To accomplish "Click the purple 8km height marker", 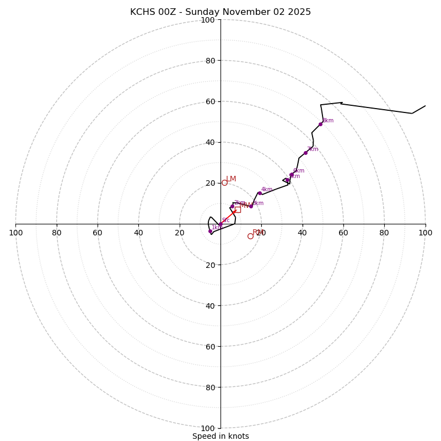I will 320,124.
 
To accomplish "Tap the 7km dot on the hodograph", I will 305,153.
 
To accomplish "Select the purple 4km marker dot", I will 260,193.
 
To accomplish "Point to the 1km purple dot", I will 210,231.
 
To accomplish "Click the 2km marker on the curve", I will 232,206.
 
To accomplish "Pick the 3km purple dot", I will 251,206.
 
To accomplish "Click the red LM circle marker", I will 224,182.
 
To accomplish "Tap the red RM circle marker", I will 250,236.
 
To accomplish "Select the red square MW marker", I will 238,209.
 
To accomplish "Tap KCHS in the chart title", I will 142,12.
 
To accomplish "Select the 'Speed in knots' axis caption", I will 220,436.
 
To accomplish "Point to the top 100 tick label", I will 208,20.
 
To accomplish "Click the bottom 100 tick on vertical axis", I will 208,428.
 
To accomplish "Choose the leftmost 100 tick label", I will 15,233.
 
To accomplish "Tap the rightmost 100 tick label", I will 425,233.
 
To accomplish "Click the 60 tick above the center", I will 210,101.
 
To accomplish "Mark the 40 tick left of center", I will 138,233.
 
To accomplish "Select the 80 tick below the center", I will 210,388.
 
